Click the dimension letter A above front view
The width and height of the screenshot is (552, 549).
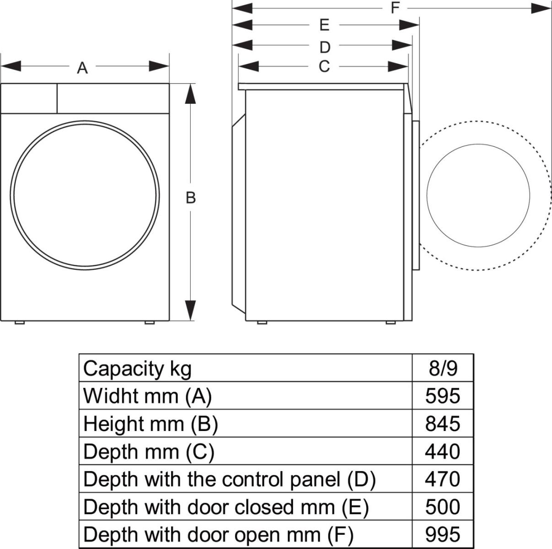[x=82, y=68]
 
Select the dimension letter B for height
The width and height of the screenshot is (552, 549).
[x=191, y=198]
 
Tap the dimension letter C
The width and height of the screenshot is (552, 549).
[x=324, y=67]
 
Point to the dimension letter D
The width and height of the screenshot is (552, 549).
[x=324, y=47]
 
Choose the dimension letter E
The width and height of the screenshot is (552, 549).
[x=324, y=25]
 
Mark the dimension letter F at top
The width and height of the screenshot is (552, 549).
[x=395, y=8]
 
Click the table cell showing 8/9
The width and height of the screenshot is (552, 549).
[x=442, y=368]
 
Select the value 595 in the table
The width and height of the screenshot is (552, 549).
[x=442, y=396]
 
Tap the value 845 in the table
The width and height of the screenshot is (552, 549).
[x=442, y=424]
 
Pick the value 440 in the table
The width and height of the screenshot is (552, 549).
[x=442, y=452]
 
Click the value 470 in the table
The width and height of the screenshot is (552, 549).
[x=442, y=479]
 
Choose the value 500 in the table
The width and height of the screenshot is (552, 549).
[x=442, y=507]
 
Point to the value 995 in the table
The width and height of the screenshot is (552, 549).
[x=442, y=534]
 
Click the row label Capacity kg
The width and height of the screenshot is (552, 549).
[x=137, y=368]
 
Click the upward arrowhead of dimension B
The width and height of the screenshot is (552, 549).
[x=191, y=94]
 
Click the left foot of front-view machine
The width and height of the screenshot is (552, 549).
[x=19, y=323]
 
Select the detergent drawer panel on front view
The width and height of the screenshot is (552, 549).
[x=29, y=98]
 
